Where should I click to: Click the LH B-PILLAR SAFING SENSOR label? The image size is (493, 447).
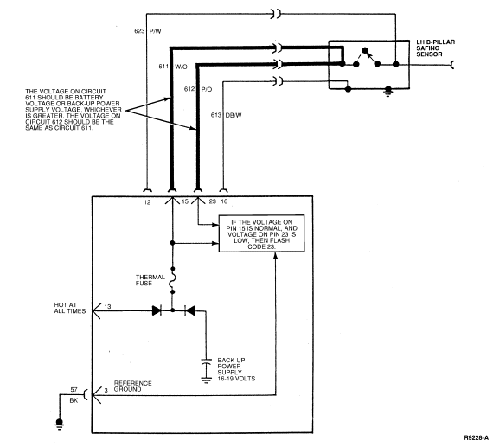click(435, 48)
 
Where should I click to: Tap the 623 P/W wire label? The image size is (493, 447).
click(147, 31)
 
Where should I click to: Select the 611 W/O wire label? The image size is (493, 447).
click(173, 67)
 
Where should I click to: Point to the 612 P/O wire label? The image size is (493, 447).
click(198, 89)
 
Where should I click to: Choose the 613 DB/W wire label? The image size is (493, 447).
click(226, 115)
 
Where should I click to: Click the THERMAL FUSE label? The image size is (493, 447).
click(150, 280)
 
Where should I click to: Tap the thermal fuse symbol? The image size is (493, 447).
click(172, 280)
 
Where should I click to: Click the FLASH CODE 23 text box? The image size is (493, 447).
click(261, 233)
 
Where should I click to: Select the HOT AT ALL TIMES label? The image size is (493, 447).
click(70, 308)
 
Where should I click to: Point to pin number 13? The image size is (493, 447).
click(107, 306)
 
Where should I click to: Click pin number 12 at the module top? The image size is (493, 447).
click(147, 202)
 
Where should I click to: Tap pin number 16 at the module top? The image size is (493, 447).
click(224, 201)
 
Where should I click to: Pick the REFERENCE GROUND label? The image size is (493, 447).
click(132, 386)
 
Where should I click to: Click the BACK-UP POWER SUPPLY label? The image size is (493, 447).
click(236, 369)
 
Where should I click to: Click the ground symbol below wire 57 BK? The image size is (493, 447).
click(59, 423)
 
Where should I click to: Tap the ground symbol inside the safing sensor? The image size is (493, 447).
click(388, 91)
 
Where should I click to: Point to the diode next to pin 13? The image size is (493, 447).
click(157, 311)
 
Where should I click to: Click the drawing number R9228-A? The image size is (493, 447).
click(476, 437)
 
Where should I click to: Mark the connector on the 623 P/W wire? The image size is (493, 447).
click(276, 14)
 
